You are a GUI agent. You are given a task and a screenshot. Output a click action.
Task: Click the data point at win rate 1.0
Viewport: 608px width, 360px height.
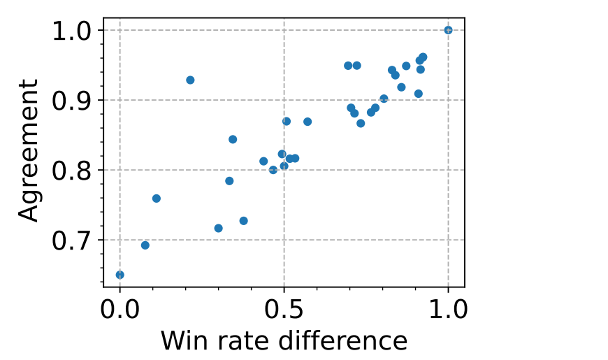pyautogui.click(x=448, y=30)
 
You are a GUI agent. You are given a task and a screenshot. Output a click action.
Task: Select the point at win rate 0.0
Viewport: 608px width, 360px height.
pyautogui.click(x=120, y=275)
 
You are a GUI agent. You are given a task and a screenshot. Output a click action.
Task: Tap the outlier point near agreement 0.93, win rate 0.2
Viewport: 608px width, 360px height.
pyautogui.click(x=190, y=80)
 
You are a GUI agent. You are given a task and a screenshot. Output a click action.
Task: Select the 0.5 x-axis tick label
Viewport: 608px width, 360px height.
pyautogui.click(x=284, y=309)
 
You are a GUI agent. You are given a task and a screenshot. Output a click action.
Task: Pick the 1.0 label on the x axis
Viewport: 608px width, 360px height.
pyautogui.click(x=448, y=309)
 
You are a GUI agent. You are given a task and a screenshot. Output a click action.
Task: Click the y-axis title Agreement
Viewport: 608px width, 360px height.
pyautogui.click(x=29, y=150)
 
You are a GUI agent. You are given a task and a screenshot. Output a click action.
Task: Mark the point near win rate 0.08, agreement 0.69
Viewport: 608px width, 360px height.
pyautogui.click(x=145, y=245)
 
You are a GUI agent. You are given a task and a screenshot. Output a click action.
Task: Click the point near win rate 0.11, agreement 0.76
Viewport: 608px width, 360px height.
pyautogui.click(x=157, y=199)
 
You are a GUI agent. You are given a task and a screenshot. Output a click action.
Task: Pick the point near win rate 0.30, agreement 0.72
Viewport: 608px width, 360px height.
pyautogui.click(x=218, y=229)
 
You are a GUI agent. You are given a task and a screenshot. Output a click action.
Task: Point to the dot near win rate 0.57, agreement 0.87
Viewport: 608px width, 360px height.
pyautogui.click(x=307, y=122)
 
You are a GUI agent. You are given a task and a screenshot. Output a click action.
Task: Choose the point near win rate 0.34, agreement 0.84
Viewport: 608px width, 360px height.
pyautogui.click(x=233, y=139)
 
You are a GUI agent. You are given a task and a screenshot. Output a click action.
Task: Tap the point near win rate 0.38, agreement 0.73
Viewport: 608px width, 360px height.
pyautogui.click(x=243, y=221)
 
